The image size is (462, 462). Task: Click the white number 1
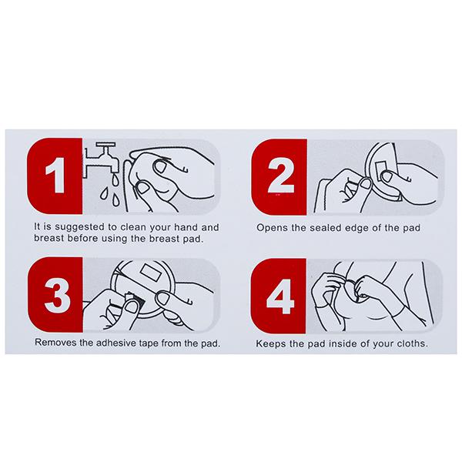coord(55,175)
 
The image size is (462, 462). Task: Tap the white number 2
coord(280,176)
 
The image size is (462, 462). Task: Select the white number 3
coord(57,295)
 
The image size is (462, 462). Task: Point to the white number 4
coord(280,296)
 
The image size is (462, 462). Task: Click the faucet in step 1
coord(100,159)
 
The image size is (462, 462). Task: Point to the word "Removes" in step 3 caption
coord(53,343)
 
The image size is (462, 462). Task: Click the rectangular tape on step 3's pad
coord(151,273)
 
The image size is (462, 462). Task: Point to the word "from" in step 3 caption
coord(172,343)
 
